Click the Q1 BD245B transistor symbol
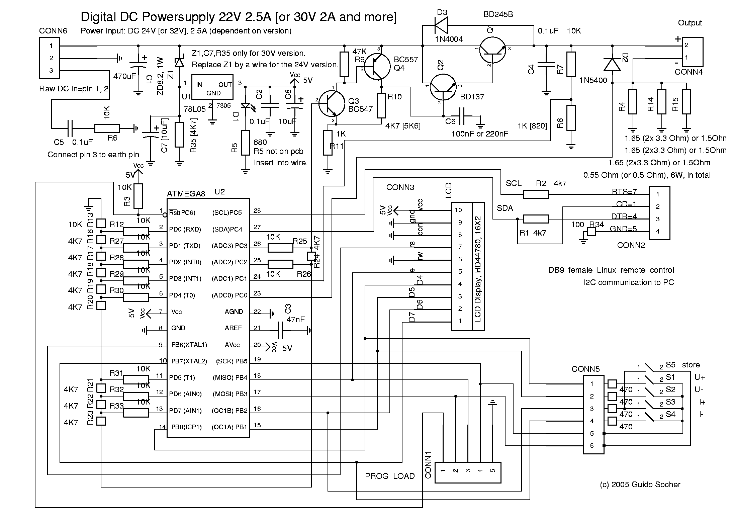coord(492,50)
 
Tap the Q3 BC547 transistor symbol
coord(332,104)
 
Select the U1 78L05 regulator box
coord(212,87)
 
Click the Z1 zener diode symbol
coord(180,62)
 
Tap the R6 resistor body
coord(107,128)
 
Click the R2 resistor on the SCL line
coord(536,194)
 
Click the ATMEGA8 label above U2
coord(186,194)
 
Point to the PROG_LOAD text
coord(390,476)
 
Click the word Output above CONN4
coord(690,23)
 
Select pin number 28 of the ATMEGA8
coord(257,210)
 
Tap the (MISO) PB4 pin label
coord(230,377)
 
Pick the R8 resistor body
coord(571,118)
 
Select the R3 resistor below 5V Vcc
coord(138,196)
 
